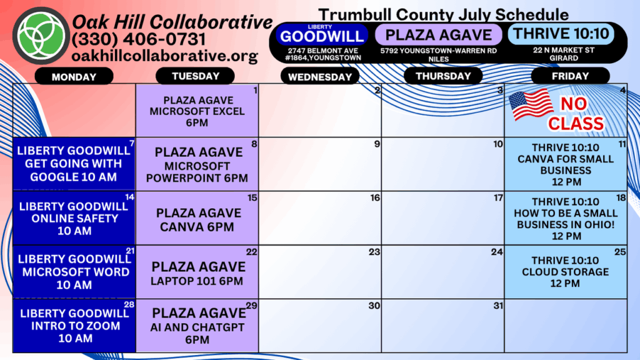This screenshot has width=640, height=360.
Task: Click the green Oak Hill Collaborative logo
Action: click(x=41, y=36)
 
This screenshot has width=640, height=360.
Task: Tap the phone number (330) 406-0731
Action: click(x=139, y=39)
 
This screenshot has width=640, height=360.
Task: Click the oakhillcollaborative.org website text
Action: click(x=164, y=56)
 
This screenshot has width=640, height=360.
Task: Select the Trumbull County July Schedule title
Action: click(x=443, y=15)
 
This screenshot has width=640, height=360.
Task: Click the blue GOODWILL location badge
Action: click(x=322, y=35)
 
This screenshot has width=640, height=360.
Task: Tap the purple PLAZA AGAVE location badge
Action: click(x=438, y=35)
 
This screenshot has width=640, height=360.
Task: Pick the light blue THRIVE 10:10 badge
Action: click(x=561, y=34)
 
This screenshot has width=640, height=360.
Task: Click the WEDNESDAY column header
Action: click(x=320, y=77)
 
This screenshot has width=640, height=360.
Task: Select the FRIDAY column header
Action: click(x=570, y=76)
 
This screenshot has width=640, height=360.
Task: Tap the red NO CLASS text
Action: click(x=576, y=114)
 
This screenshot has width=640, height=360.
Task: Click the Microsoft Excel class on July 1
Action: click(x=197, y=111)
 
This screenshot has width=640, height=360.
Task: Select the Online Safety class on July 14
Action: click(x=74, y=218)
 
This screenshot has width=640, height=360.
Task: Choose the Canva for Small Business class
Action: click(x=566, y=164)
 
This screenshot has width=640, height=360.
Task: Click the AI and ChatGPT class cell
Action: click(x=197, y=326)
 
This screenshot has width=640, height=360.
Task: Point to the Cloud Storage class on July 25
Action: click(x=566, y=272)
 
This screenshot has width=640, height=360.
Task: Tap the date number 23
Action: click(x=374, y=252)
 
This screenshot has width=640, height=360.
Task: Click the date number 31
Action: click(x=498, y=306)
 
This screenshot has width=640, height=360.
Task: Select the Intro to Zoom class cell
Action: click(x=74, y=326)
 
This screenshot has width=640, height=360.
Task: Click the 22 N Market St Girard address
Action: click(x=564, y=54)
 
